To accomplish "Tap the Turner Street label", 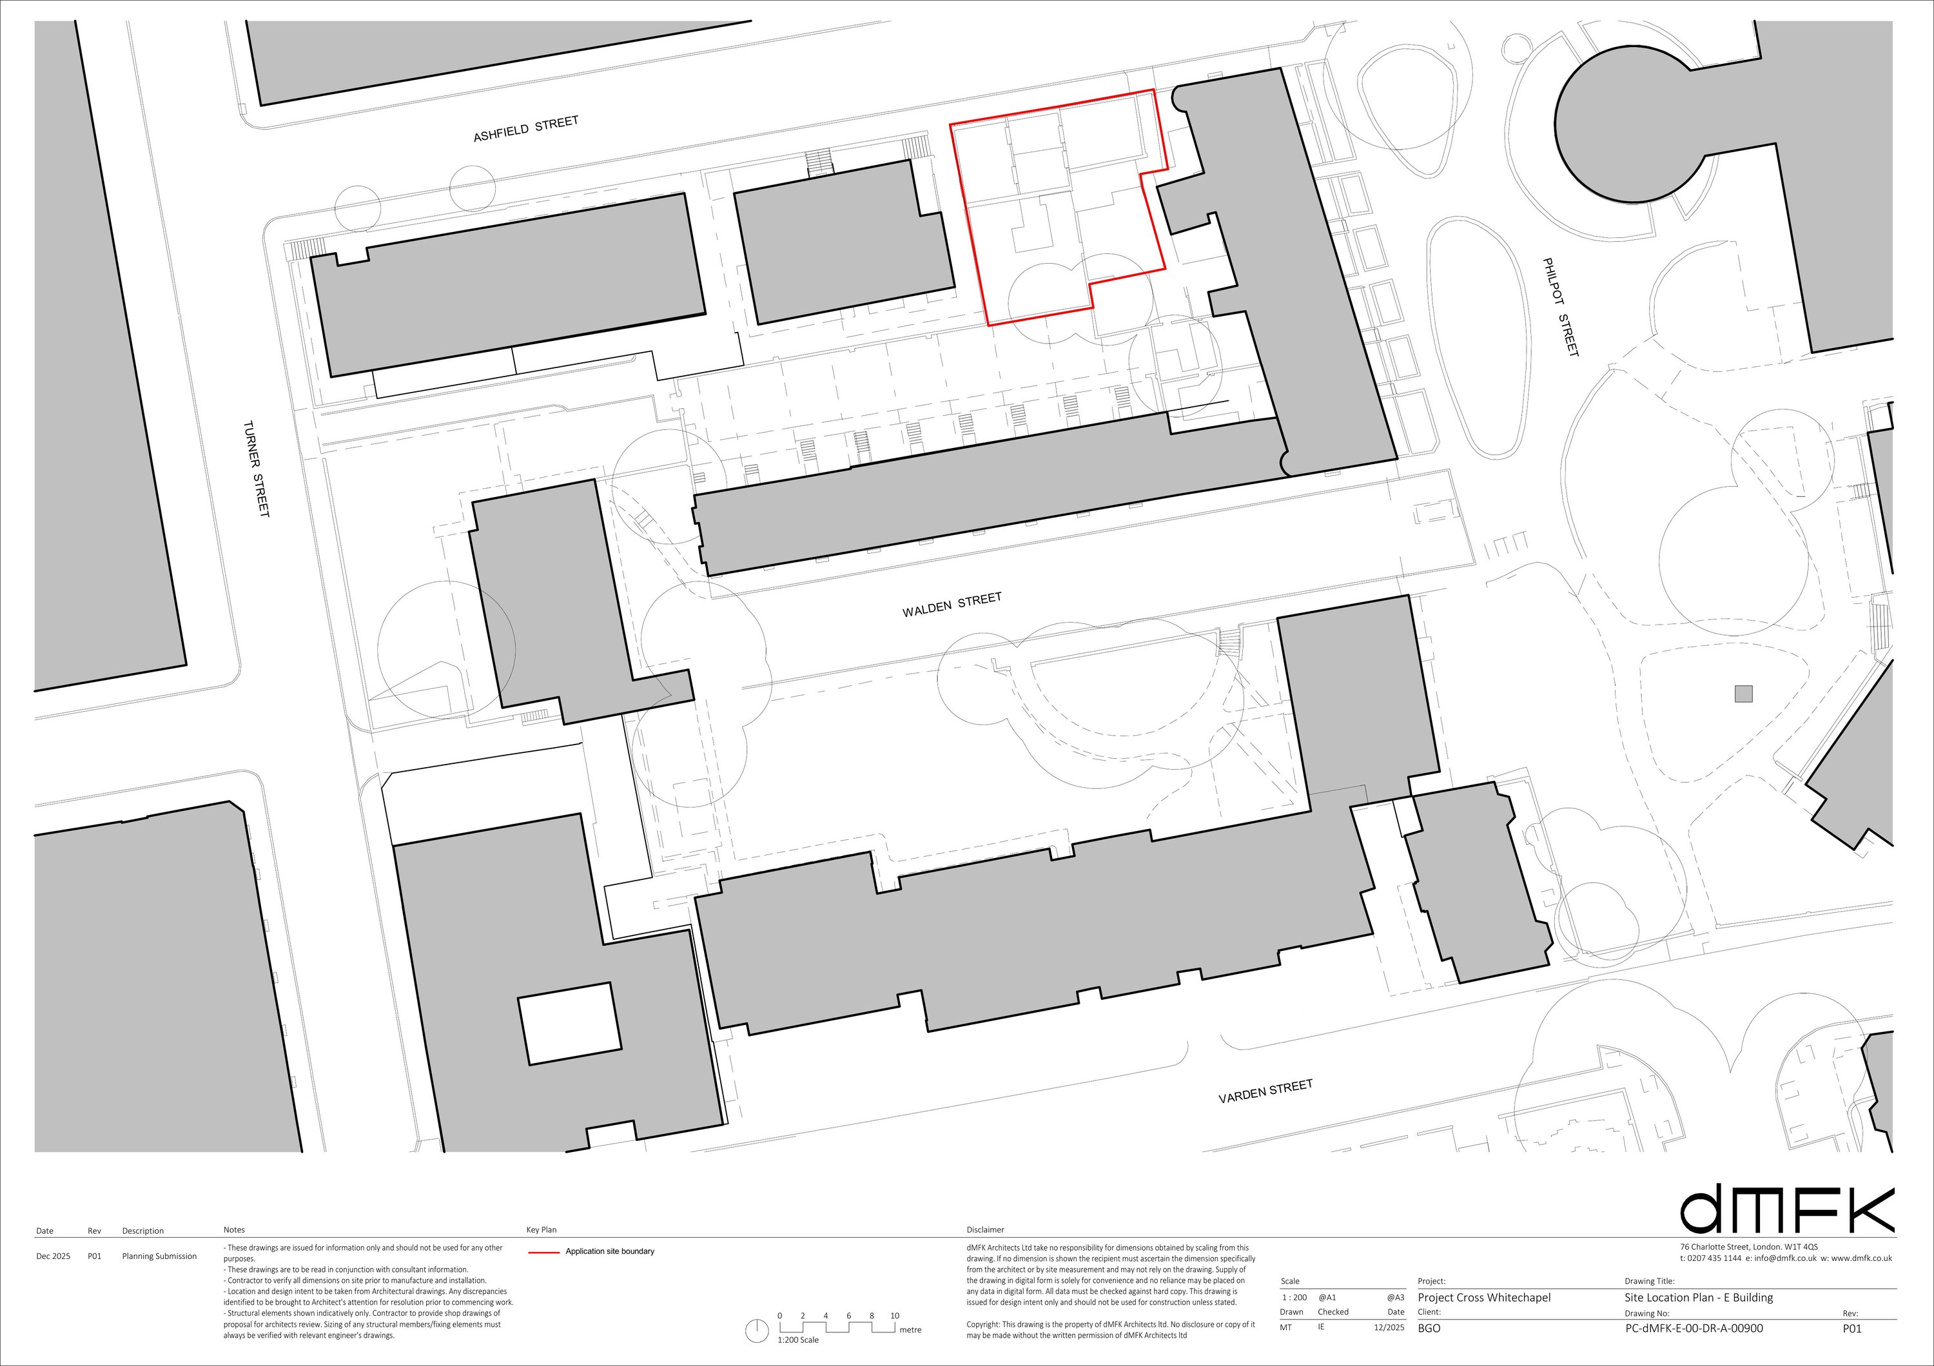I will pyautogui.click(x=257, y=469).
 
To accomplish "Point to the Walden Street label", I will pyautogui.click(x=952, y=605).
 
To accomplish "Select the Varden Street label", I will pyautogui.click(x=1265, y=1091).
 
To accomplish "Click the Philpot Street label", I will pyautogui.click(x=1560, y=307).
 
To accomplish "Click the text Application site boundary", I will pyautogui.click(x=610, y=1251).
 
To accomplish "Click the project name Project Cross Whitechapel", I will pyautogui.click(x=1483, y=1298).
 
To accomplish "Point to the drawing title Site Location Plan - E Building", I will pyautogui.click(x=1698, y=1298).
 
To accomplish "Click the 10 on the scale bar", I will pyautogui.click(x=895, y=1316).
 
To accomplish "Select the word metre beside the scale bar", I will pyautogui.click(x=910, y=1330).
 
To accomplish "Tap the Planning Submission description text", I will pyautogui.click(x=159, y=1256).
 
